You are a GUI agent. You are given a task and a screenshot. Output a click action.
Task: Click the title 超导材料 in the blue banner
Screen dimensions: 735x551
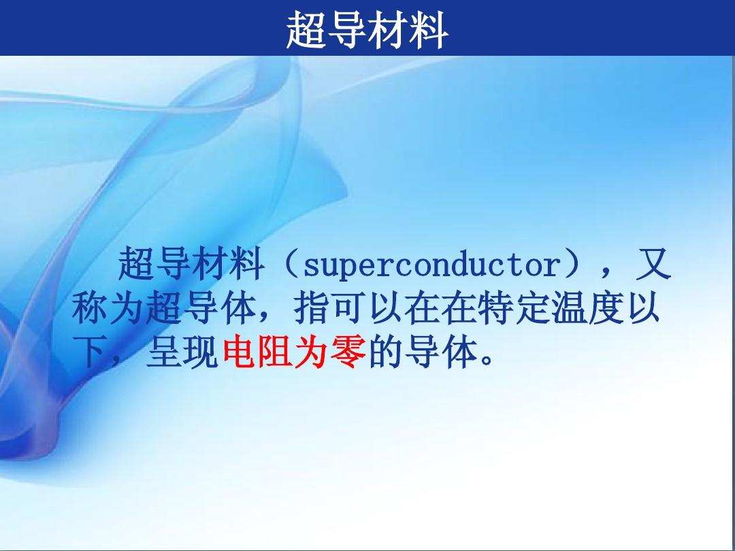(x=367, y=30)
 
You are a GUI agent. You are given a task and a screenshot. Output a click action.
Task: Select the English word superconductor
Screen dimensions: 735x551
(x=432, y=266)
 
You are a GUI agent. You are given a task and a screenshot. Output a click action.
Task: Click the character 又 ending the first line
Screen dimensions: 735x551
(x=653, y=264)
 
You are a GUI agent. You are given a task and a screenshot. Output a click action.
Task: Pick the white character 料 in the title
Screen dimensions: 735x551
(x=429, y=30)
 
